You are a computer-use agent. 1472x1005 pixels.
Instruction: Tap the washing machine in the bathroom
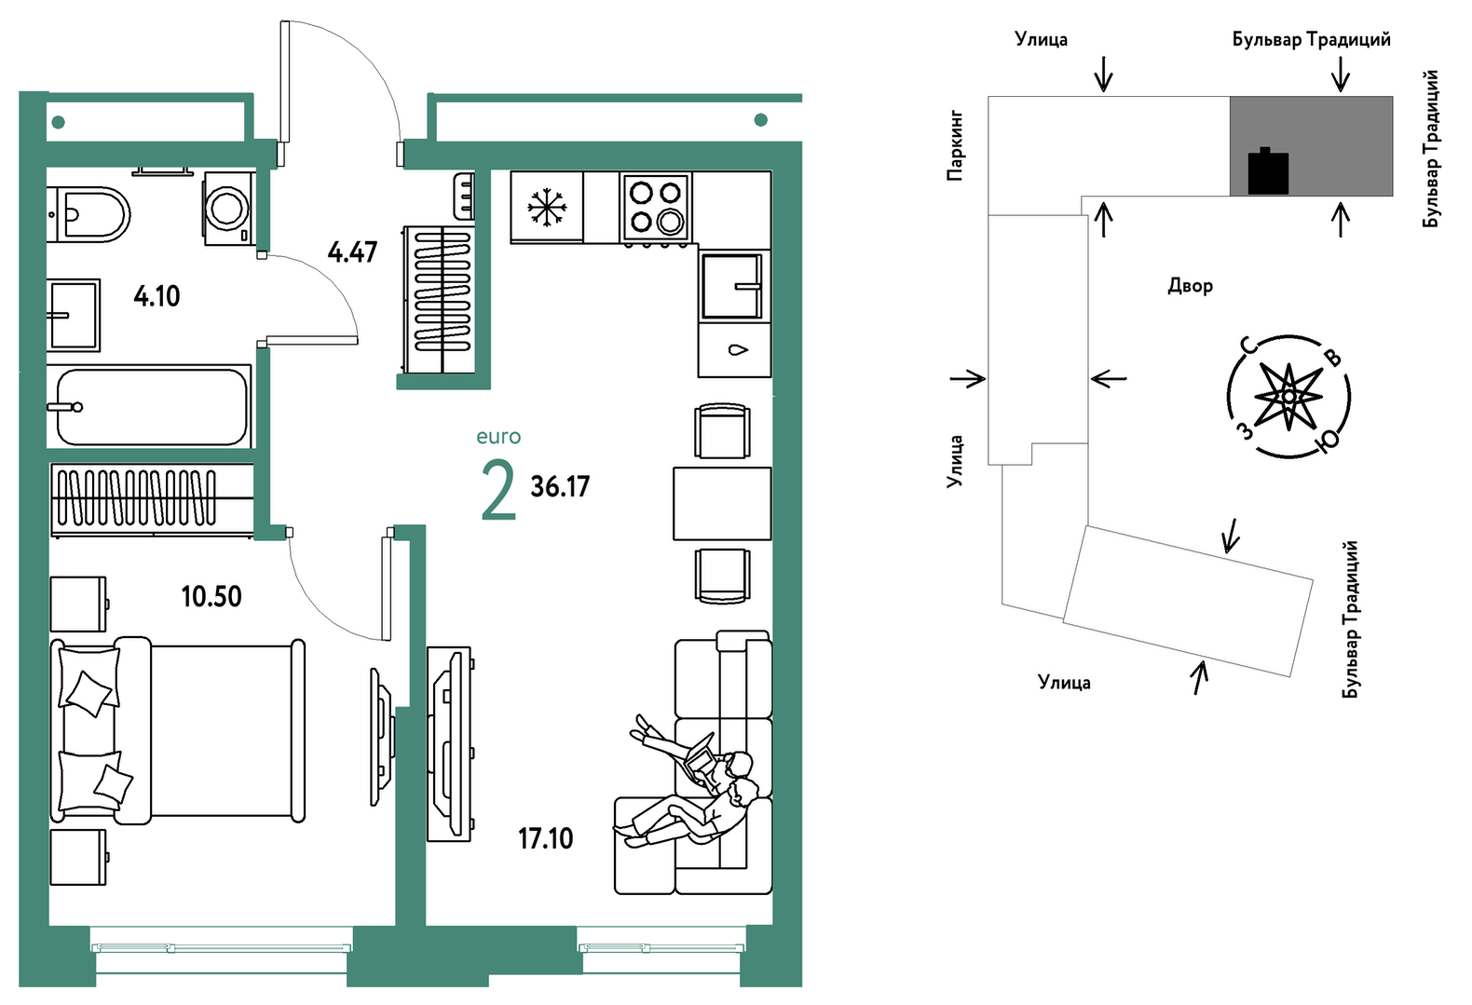(x=228, y=209)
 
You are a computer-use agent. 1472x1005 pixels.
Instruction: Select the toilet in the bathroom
(x=89, y=213)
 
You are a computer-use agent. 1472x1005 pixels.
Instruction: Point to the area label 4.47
(x=352, y=252)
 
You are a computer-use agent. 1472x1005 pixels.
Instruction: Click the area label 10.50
(x=211, y=596)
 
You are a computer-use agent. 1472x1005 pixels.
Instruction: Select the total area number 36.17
(x=560, y=487)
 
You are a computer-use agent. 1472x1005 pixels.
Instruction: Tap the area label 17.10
(x=545, y=839)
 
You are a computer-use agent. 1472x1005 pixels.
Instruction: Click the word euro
(x=498, y=436)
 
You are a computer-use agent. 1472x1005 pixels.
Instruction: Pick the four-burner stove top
(x=655, y=207)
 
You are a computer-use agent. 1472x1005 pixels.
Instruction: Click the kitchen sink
(x=732, y=286)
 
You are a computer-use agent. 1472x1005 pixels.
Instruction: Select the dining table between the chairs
(x=722, y=503)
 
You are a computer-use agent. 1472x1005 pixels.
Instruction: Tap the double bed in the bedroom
(x=177, y=730)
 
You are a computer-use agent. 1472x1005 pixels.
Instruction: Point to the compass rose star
(x=1288, y=397)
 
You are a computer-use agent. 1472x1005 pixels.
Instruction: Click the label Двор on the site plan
(x=1190, y=286)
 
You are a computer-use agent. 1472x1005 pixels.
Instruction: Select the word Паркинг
(x=955, y=146)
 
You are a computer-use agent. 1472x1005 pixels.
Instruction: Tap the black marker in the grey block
(x=1268, y=171)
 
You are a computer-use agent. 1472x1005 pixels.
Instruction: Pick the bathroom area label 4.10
(x=157, y=297)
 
